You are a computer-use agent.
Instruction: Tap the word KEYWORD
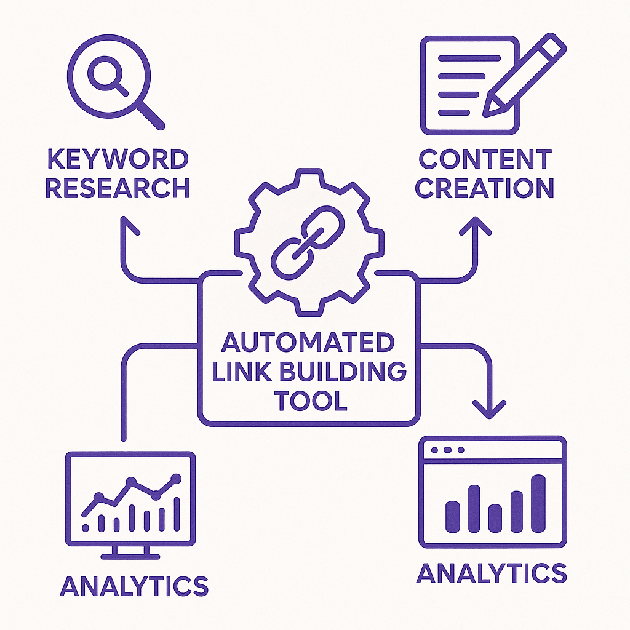click(117, 160)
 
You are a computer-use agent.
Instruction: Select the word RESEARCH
click(117, 188)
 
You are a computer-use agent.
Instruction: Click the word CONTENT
click(485, 160)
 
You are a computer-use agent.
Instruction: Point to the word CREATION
click(485, 188)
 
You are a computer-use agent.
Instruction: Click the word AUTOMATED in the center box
click(308, 342)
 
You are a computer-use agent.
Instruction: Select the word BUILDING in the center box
click(345, 371)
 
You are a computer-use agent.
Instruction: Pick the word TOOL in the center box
click(310, 401)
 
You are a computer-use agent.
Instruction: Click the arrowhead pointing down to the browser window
click(490, 409)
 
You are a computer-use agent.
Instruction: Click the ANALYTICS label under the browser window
click(491, 573)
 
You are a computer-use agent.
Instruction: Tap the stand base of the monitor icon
click(130, 555)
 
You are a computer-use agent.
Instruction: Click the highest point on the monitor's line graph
click(177, 478)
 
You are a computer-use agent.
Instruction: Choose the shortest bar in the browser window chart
click(495, 517)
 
